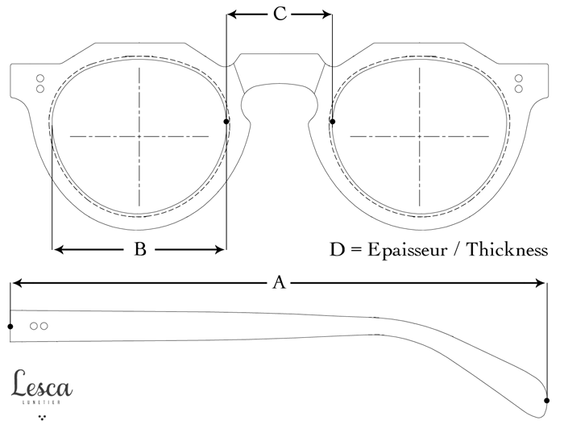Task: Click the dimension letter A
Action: pyautogui.click(x=279, y=282)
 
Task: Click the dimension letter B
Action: pyautogui.click(x=139, y=250)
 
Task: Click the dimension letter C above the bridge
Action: pyautogui.click(x=279, y=14)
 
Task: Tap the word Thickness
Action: pyautogui.click(x=508, y=249)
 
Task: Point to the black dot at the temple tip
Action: pyautogui.click(x=547, y=400)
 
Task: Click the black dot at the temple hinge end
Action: pyautogui.click(x=10, y=326)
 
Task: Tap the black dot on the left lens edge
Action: pyautogui.click(x=226, y=122)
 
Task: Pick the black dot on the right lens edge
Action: pyautogui.click(x=333, y=122)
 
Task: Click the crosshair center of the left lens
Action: pyautogui.click(x=139, y=135)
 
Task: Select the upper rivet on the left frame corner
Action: pyautogui.click(x=37, y=78)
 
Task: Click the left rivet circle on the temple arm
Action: pyautogui.click(x=34, y=326)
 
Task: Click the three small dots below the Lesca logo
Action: pyautogui.click(x=42, y=418)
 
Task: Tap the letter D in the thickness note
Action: pyautogui.click(x=337, y=249)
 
